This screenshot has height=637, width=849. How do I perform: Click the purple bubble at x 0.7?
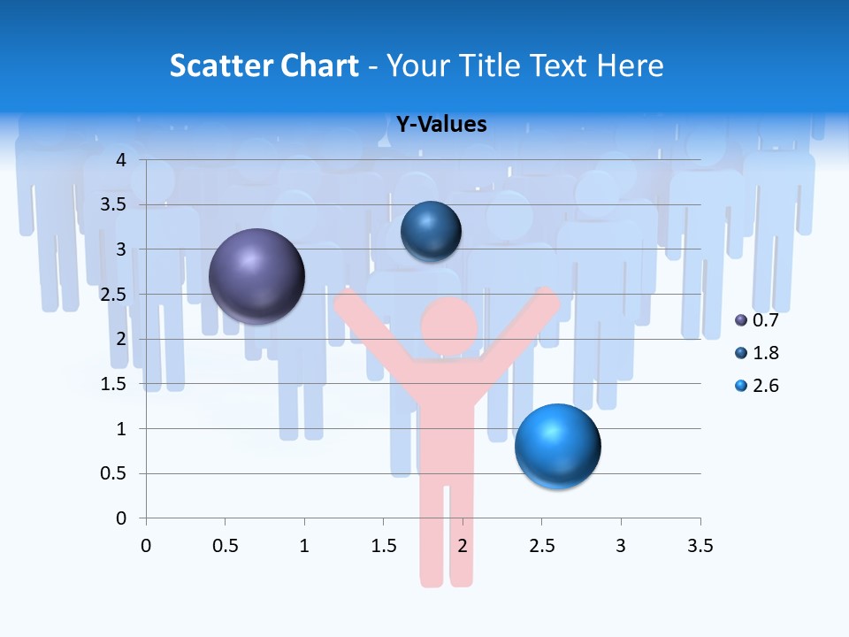pos(256,276)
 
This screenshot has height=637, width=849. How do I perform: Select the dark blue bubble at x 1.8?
pos(431,231)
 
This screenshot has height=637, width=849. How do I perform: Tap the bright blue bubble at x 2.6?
pos(557,445)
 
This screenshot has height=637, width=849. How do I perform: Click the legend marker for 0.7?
pos(741,320)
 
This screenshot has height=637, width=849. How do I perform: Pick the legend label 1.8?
pos(766,353)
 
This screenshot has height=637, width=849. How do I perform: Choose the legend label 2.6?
pos(766,386)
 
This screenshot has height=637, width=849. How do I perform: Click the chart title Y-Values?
pos(441,125)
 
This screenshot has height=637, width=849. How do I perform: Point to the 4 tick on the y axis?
pos(122,160)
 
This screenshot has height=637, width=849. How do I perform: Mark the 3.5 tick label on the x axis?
pos(700,546)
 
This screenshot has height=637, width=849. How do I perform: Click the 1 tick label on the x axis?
pos(304,546)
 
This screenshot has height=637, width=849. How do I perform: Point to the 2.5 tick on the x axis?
pos(541,546)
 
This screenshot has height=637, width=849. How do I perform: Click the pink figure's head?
pos(449,326)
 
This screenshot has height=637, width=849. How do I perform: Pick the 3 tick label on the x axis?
pos(621,546)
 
